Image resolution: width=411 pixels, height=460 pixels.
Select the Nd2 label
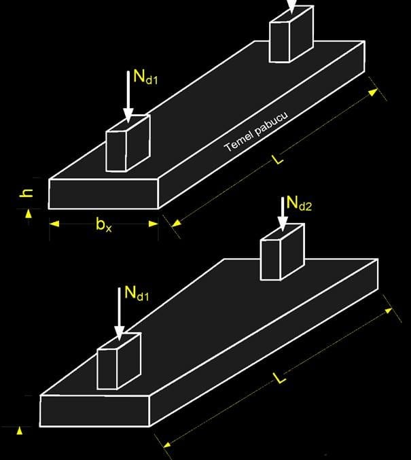pos(299,202)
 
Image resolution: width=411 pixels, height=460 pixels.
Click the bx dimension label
pos(103,225)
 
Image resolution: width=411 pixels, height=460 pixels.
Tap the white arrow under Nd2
pos(282,217)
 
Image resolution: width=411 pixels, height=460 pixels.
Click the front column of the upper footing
pos(127,143)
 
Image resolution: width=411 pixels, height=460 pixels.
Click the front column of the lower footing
pos(119,361)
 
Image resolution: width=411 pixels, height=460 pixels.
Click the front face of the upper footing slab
pos(103,194)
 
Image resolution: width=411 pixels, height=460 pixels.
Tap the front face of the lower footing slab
pos(95,410)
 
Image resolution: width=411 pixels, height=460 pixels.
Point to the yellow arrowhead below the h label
pos(29,213)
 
